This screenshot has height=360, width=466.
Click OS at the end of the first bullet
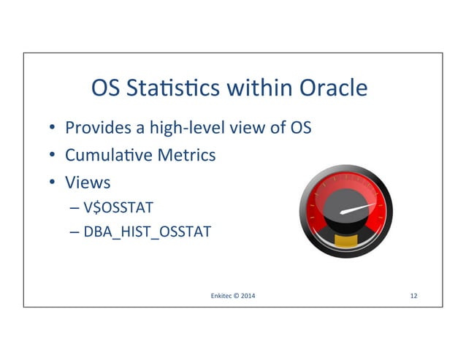click(x=301, y=129)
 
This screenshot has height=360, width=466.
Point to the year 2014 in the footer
click(x=249, y=296)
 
